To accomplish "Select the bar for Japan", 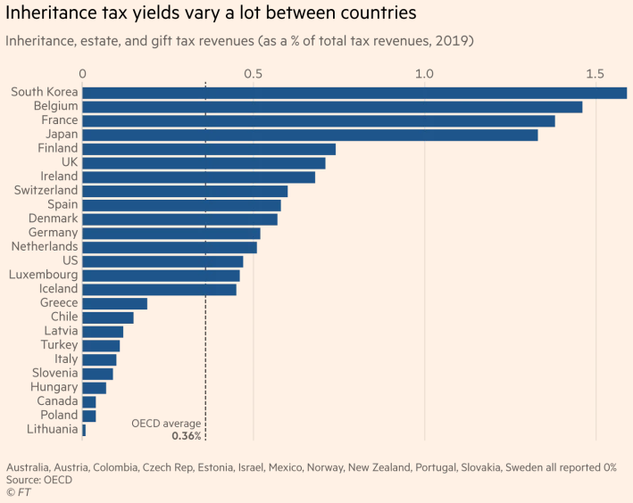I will pyautogui.click(x=309, y=135).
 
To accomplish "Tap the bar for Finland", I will pyautogui.click(x=208, y=149).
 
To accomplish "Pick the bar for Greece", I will pyautogui.click(x=114, y=303).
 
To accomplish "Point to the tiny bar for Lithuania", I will pyautogui.click(x=84, y=430).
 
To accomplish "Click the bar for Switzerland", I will pyautogui.click(x=184, y=191).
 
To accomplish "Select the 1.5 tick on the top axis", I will pyautogui.click(x=596, y=74).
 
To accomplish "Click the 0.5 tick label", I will pyautogui.click(x=254, y=74).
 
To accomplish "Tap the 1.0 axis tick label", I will pyautogui.click(x=425, y=74).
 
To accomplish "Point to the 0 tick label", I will pyautogui.click(x=82, y=74).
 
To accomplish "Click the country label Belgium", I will pyautogui.click(x=55, y=106).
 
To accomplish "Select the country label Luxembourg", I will pyautogui.click(x=43, y=275).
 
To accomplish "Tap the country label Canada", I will pyautogui.click(x=56, y=401).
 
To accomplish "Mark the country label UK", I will pyautogui.click(x=70, y=162).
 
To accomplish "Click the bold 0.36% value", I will pyautogui.click(x=187, y=436).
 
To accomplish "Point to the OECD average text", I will pyautogui.click(x=167, y=424).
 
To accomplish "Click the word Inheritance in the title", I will pyautogui.click(x=50, y=15).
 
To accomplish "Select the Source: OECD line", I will pyautogui.click(x=39, y=480).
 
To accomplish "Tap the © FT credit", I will pyautogui.click(x=17, y=492).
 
